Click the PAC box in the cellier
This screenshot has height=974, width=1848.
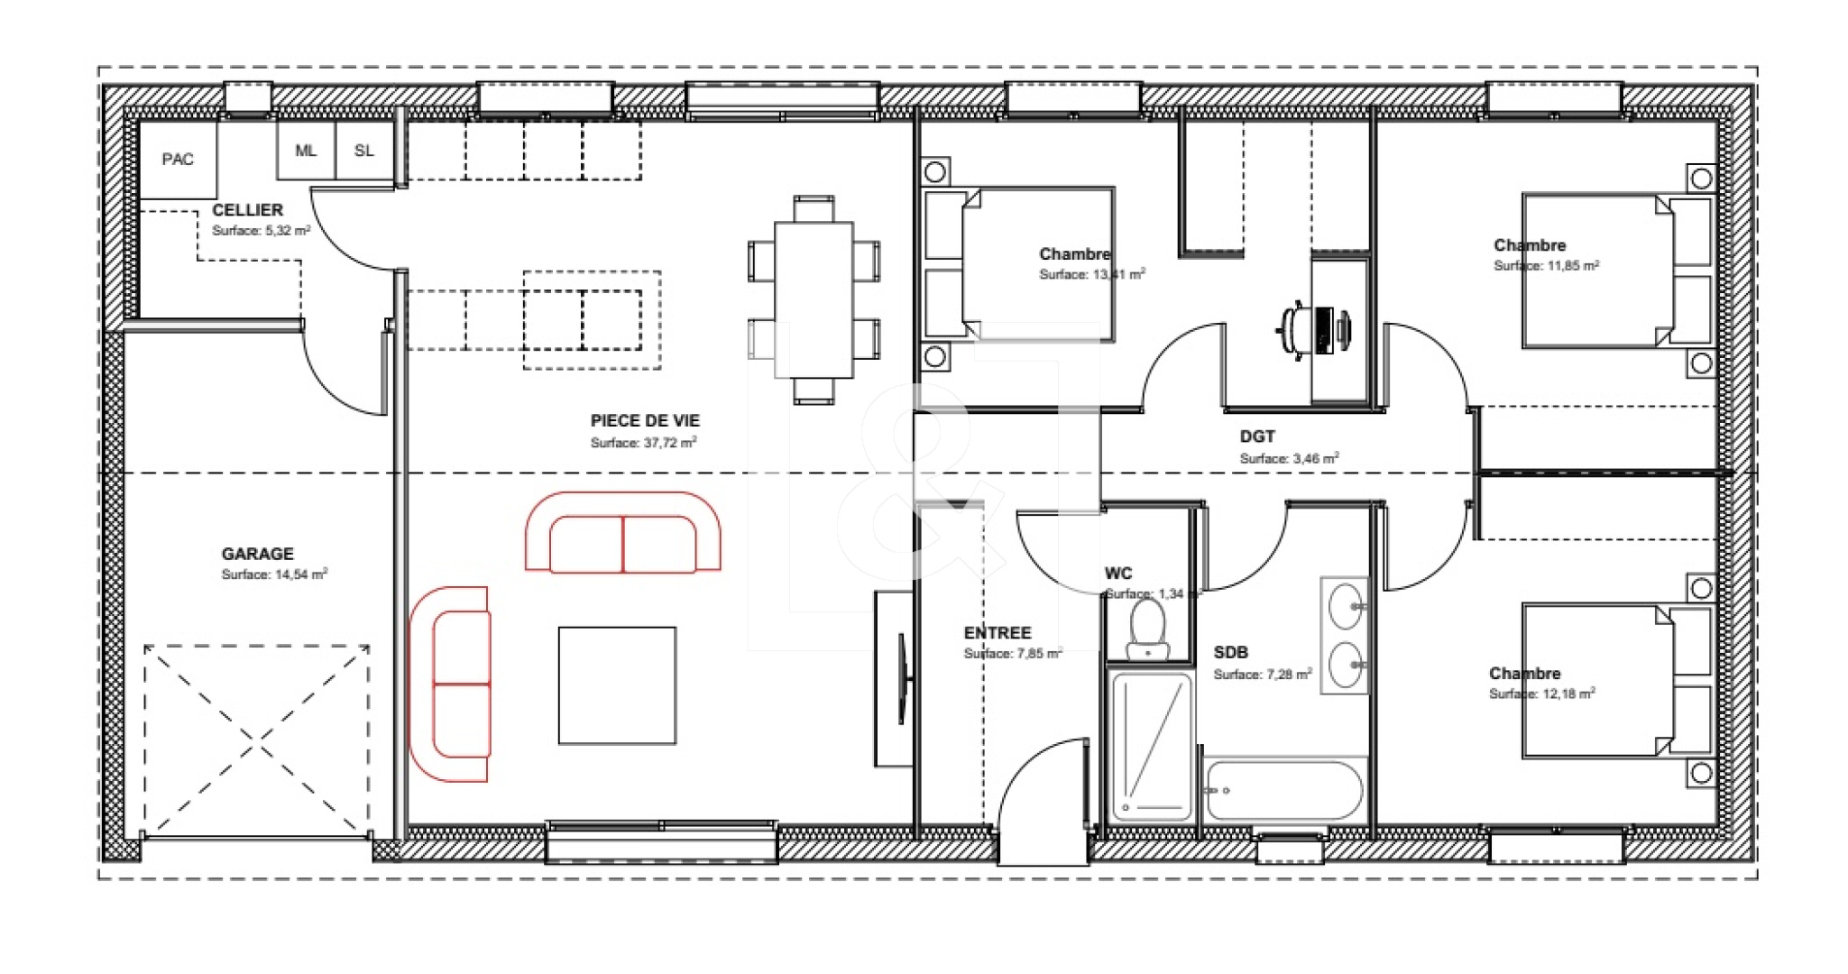178,160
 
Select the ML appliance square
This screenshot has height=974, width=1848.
306,151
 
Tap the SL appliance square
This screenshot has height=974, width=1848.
364,151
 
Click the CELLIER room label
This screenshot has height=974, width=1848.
247,210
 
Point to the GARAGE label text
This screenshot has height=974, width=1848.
258,554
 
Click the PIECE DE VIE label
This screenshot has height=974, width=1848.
645,420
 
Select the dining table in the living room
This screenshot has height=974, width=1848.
814,299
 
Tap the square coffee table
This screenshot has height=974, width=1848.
617,685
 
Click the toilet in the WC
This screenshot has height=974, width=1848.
1148,628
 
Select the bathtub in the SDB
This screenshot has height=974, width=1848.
1283,791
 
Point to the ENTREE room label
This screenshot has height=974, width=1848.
998,633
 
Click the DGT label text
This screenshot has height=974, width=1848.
1257,436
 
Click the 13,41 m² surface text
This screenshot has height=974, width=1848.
1092,274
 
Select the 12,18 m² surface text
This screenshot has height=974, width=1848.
1541,694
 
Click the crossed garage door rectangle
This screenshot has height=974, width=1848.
257,740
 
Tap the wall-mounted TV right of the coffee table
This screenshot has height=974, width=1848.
901,678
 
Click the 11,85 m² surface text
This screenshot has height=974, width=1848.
1546,266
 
